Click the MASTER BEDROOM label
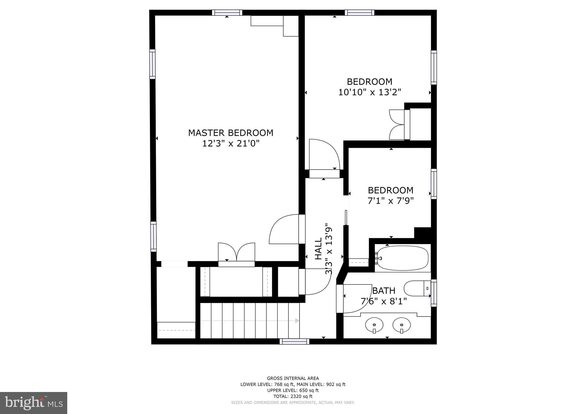[x=231, y=133]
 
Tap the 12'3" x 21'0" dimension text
[x=231, y=144]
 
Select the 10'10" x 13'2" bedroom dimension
[x=369, y=92]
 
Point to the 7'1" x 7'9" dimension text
[x=391, y=201]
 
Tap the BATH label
[x=384, y=291]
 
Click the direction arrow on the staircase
[x=297, y=321]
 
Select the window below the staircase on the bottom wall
[x=294, y=341]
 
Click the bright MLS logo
[x=33, y=403]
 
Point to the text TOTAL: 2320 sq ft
[x=293, y=396]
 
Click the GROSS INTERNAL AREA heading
[x=293, y=378]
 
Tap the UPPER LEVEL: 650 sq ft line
[x=293, y=390]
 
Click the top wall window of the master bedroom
[x=227, y=13]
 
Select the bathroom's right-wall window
[x=434, y=293]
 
